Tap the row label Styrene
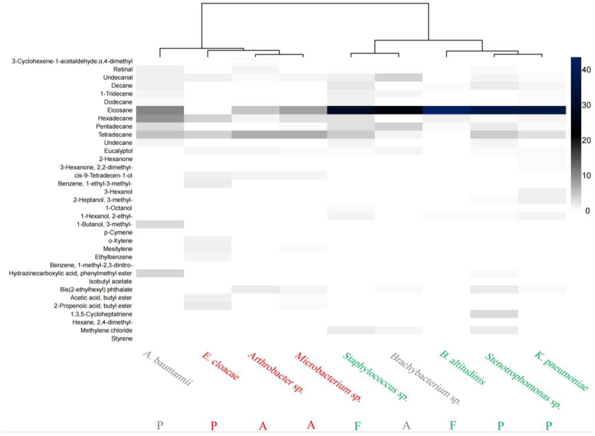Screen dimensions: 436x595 122,338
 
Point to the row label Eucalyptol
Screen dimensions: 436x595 118,151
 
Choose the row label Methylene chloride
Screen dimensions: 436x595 107,330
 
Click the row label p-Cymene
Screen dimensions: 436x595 118,233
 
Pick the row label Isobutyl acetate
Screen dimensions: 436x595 110,281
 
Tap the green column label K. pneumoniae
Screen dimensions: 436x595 561,371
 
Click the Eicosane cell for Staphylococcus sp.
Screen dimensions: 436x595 351,110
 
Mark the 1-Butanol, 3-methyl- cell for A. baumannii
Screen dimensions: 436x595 160,224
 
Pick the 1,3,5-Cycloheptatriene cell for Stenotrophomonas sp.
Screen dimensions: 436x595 494,314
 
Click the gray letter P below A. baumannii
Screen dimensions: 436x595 160,425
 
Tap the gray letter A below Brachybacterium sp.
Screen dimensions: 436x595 406,425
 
